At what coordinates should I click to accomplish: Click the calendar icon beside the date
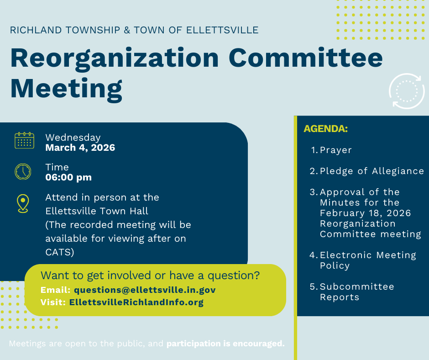coord(24,140)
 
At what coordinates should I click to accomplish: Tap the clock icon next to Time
coord(23,172)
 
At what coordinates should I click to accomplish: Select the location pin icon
coord(23,204)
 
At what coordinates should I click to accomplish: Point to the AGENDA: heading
coord(325,129)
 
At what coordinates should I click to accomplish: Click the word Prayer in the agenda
coord(336,150)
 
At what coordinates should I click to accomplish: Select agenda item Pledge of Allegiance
coord(372,171)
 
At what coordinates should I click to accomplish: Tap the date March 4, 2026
coord(80,148)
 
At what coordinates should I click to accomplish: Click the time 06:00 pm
coord(68,177)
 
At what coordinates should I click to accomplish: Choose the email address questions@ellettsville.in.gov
coord(145,290)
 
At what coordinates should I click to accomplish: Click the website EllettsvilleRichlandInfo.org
coord(136,302)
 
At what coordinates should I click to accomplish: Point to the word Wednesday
coord(73,137)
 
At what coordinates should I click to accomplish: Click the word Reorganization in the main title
coord(115,58)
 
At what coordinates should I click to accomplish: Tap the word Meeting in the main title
coord(66,89)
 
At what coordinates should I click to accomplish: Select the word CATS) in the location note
coord(60,252)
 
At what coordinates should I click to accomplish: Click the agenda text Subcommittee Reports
coord(357,292)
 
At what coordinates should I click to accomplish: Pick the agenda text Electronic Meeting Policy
coord(368,260)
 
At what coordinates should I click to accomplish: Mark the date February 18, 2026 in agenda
coord(365,213)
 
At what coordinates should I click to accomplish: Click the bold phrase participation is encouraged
coord(225,343)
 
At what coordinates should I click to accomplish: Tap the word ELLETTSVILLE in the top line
coord(222,30)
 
